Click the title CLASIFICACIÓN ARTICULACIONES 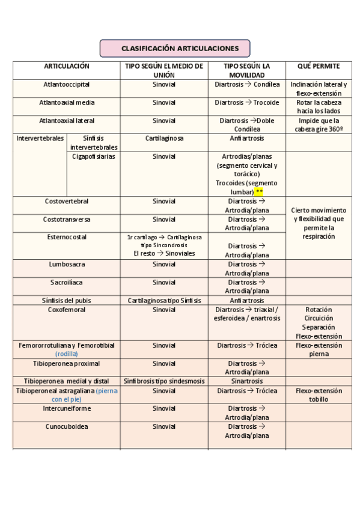(x=174, y=48)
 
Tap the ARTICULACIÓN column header (x=67, y=66)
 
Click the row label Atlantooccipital (x=67, y=85)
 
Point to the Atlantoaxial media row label (x=67, y=103)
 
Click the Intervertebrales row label (x=40, y=138)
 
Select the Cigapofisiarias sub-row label (x=94, y=156)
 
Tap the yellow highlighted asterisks (x=259, y=192)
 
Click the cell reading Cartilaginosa (x=164, y=138)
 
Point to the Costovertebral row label (x=67, y=201)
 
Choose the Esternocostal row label (x=67, y=237)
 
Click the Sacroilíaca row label (x=67, y=282)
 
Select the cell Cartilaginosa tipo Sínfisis (x=164, y=300)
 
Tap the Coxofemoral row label (x=67, y=310)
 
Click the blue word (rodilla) (x=67, y=354)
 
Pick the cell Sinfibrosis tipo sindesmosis (x=164, y=381)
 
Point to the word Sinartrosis (x=246, y=381)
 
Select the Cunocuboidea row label (x=67, y=426)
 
